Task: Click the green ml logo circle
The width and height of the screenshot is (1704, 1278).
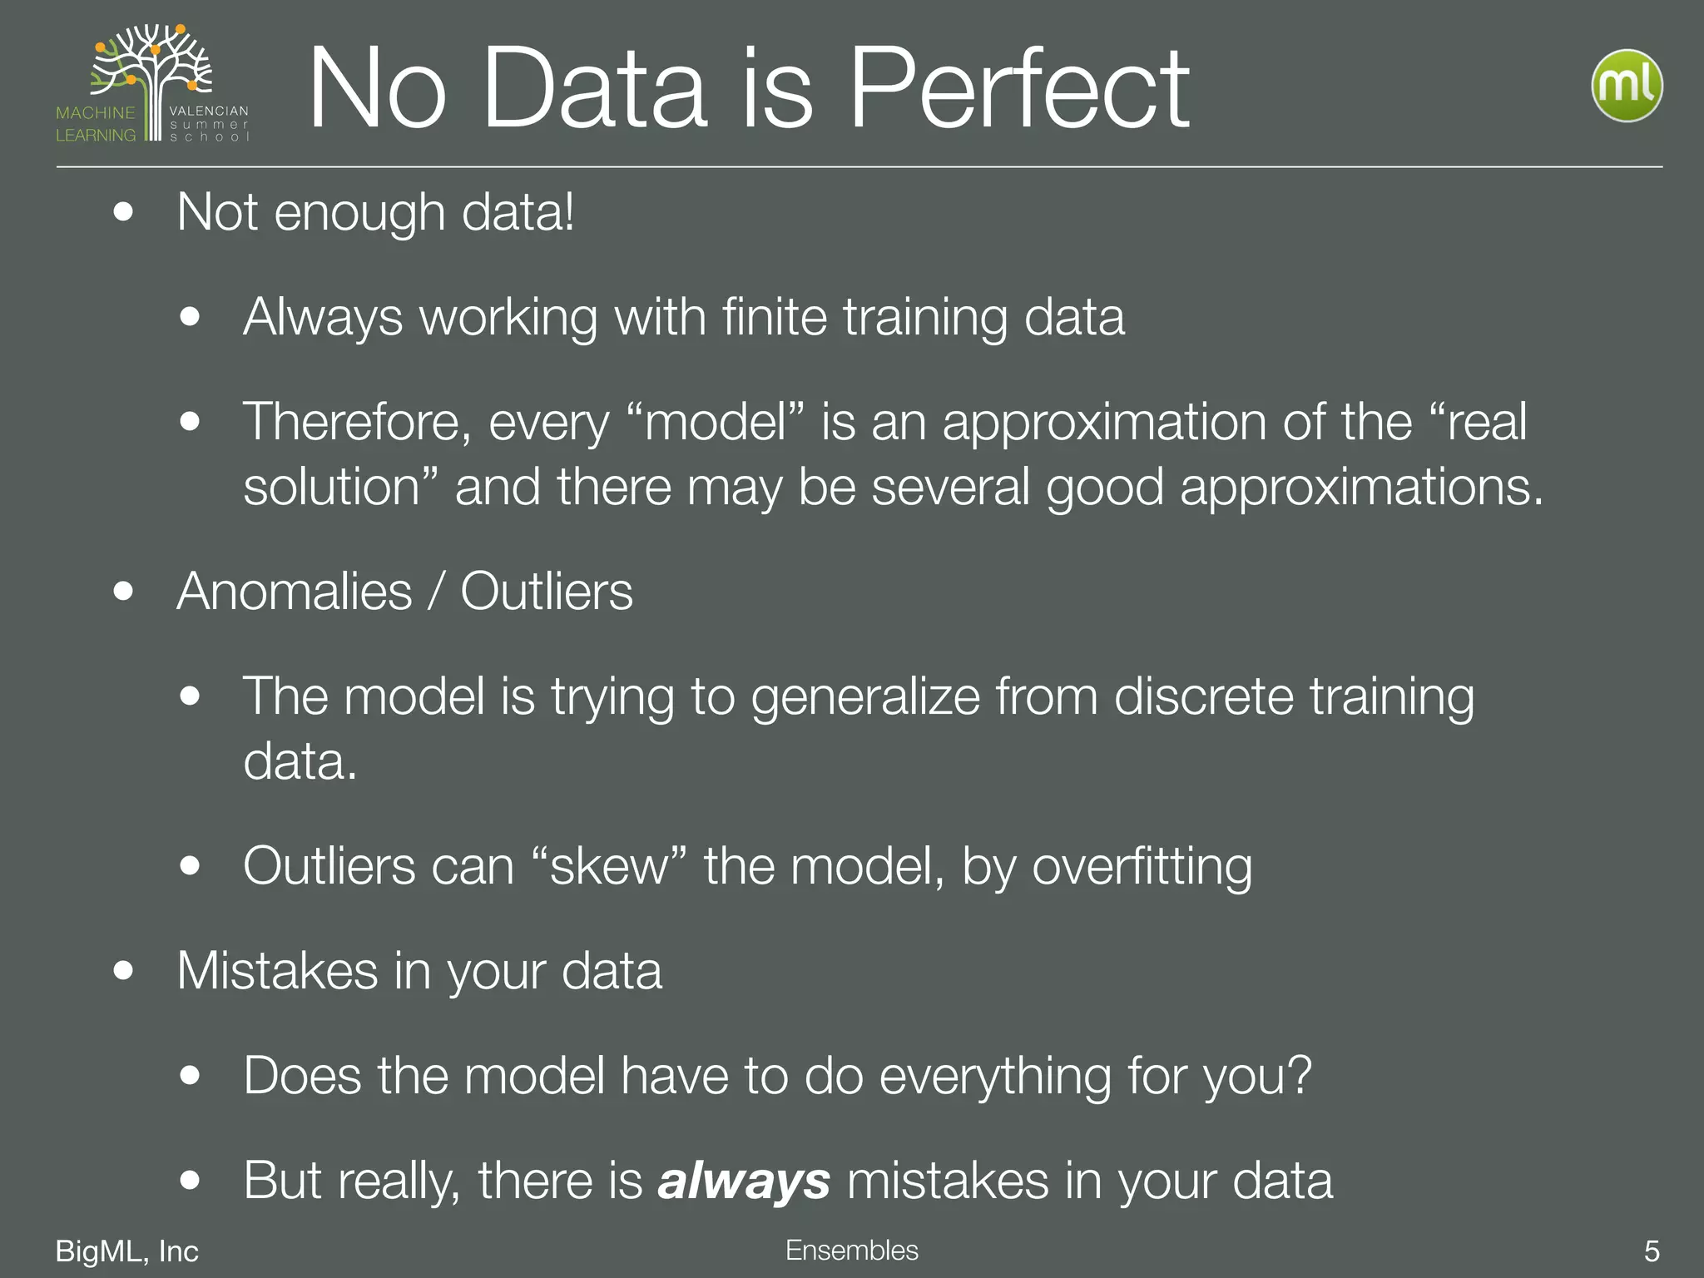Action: click(1627, 86)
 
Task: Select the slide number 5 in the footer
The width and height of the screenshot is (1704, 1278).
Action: click(1652, 1251)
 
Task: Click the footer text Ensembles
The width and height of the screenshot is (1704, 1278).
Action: click(851, 1250)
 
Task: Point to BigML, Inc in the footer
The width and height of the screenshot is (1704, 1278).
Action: click(126, 1251)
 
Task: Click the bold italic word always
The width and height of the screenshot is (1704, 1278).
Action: click(743, 1181)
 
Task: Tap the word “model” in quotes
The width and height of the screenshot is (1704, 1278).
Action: click(715, 422)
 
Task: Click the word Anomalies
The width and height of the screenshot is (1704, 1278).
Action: click(294, 592)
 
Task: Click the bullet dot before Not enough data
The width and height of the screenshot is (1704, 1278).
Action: click(123, 211)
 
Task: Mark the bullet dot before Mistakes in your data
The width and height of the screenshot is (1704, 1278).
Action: click(123, 970)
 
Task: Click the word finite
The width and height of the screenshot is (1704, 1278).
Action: click(774, 317)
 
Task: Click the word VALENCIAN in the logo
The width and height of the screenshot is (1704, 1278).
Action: click(208, 111)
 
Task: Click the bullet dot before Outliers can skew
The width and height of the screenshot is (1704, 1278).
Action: click(190, 865)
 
